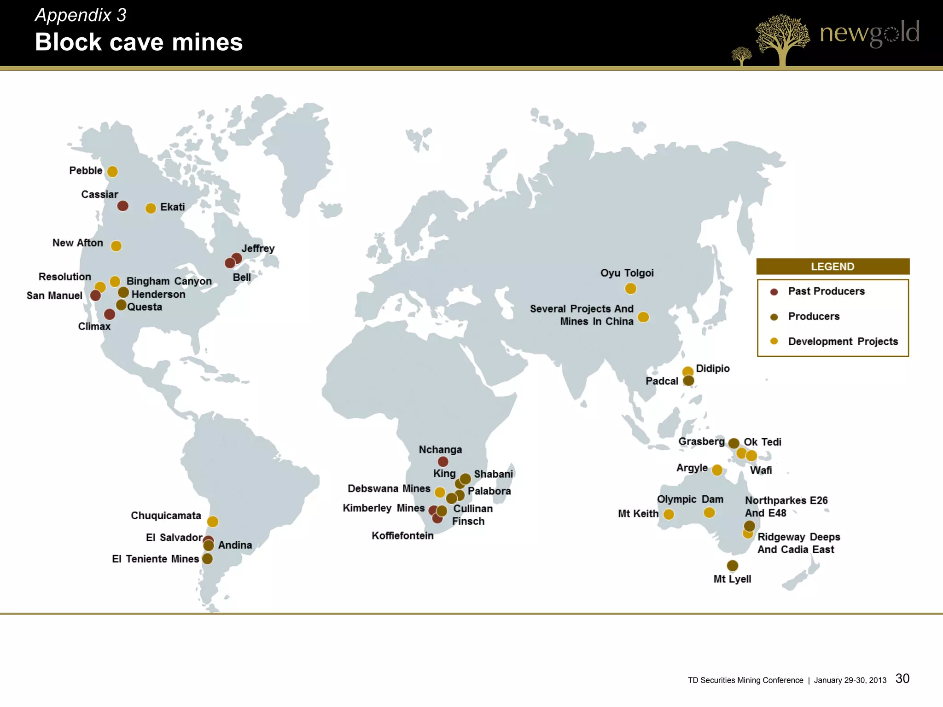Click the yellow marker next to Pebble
(x=112, y=172)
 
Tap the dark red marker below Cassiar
(x=122, y=206)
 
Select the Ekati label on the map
(x=172, y=207)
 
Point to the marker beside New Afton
(x=116, y=246)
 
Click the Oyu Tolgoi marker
(x=630, y=289)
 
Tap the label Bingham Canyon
(x=169, y=281)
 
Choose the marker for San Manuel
(x=95, y=296)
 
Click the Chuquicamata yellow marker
(x=212, y=522)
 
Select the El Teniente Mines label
(x=155, y=559)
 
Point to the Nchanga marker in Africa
(x=443, y=461)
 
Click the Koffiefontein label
(x=402, y=536)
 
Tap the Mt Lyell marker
(x=732, y=565)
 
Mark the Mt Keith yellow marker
(x=669, y=514)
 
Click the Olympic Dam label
(x=690, y=499)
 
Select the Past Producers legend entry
(x=826, y=291)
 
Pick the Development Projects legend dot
(x=774, y=341)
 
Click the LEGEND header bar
(x=832, y=267)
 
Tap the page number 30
(x=902, y=678)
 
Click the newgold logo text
(x=869, y=33)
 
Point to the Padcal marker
(x=688, y=381)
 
